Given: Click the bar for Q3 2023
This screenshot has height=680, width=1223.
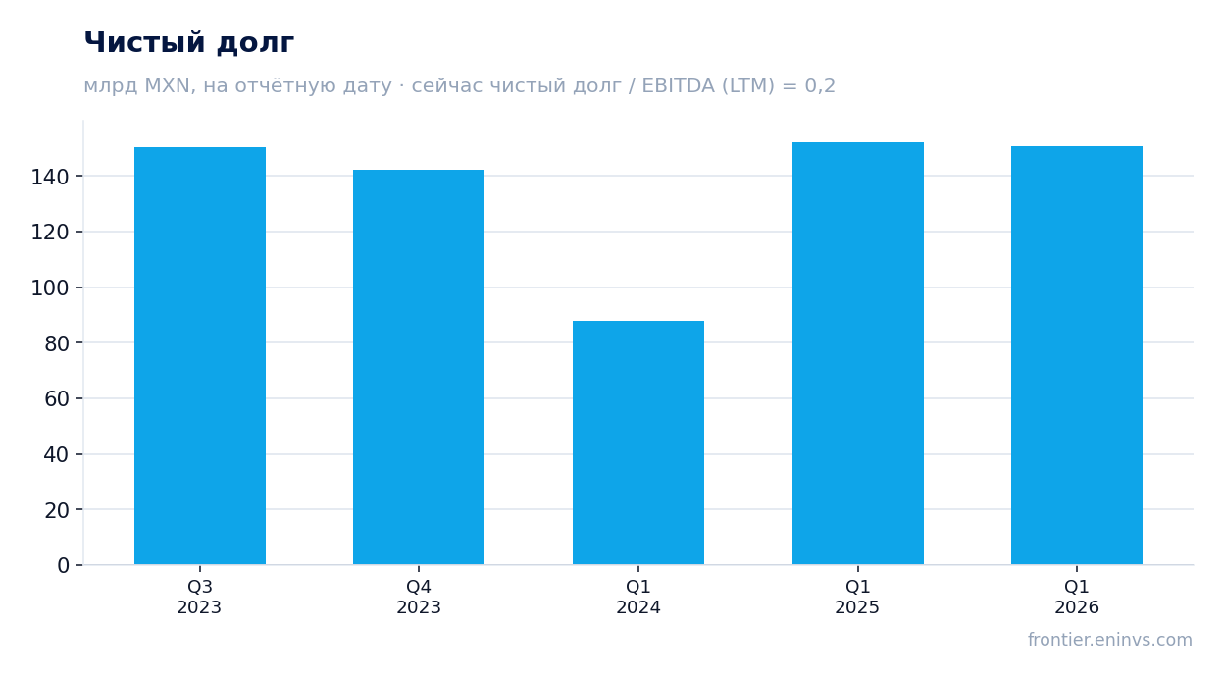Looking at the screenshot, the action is pyautogui.click(x=200, y=355).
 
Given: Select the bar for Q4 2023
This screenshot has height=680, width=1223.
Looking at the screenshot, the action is pyautogui.click(x=419, y=367).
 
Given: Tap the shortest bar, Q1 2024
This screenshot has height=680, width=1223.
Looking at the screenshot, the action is pyautogui.click(x=638, y=443).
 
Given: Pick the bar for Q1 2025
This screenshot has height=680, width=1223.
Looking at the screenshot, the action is pyautogui.click(x=858, y=353).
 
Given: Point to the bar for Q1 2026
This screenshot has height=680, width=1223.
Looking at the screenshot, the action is pyautogui.click(x=1077, y=355).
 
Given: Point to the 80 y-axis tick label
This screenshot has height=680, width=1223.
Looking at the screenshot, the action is pyautogui.click(x=56, y=343).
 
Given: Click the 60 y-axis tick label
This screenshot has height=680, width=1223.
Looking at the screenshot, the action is pyautogui.click(x=56, y=398).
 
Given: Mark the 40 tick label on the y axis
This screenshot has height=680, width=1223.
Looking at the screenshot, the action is pyautogui.click(x=56, y=454).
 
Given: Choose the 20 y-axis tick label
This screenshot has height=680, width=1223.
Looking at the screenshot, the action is pyautogui.click(x=56, y=510).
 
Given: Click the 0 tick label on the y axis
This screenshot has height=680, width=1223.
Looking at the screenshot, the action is pyautogui.click(x=64, y=565).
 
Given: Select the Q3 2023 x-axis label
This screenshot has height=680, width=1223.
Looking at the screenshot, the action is pyautogui.click(x=199, y=597).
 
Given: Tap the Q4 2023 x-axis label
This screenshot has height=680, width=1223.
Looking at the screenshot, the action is pyautogui.click(x=419, y=597).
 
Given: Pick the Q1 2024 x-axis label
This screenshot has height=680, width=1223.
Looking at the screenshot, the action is pyautogui.click(x=638, y=597).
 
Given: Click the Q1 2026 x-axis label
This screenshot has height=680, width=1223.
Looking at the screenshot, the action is pyautogui.click(x=1077, y=597).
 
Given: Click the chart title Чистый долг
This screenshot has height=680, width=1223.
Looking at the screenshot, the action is pyautogui.click(x=189, y=42).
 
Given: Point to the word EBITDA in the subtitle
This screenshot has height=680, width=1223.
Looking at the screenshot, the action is pyautogui.click(x=678, y=85).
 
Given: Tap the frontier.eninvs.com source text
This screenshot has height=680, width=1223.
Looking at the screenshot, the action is pyautogui.click(x=1110, y=640).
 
